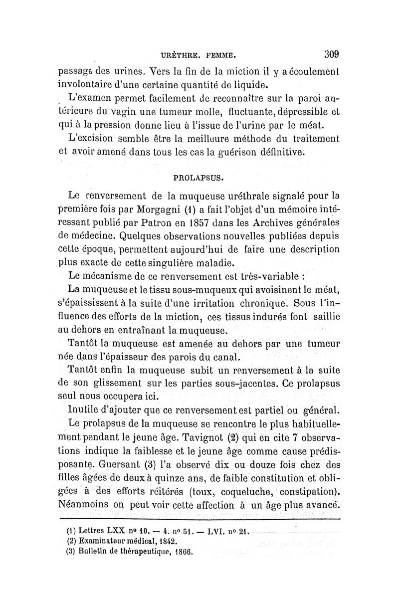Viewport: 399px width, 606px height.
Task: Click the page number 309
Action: coord(331,53)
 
